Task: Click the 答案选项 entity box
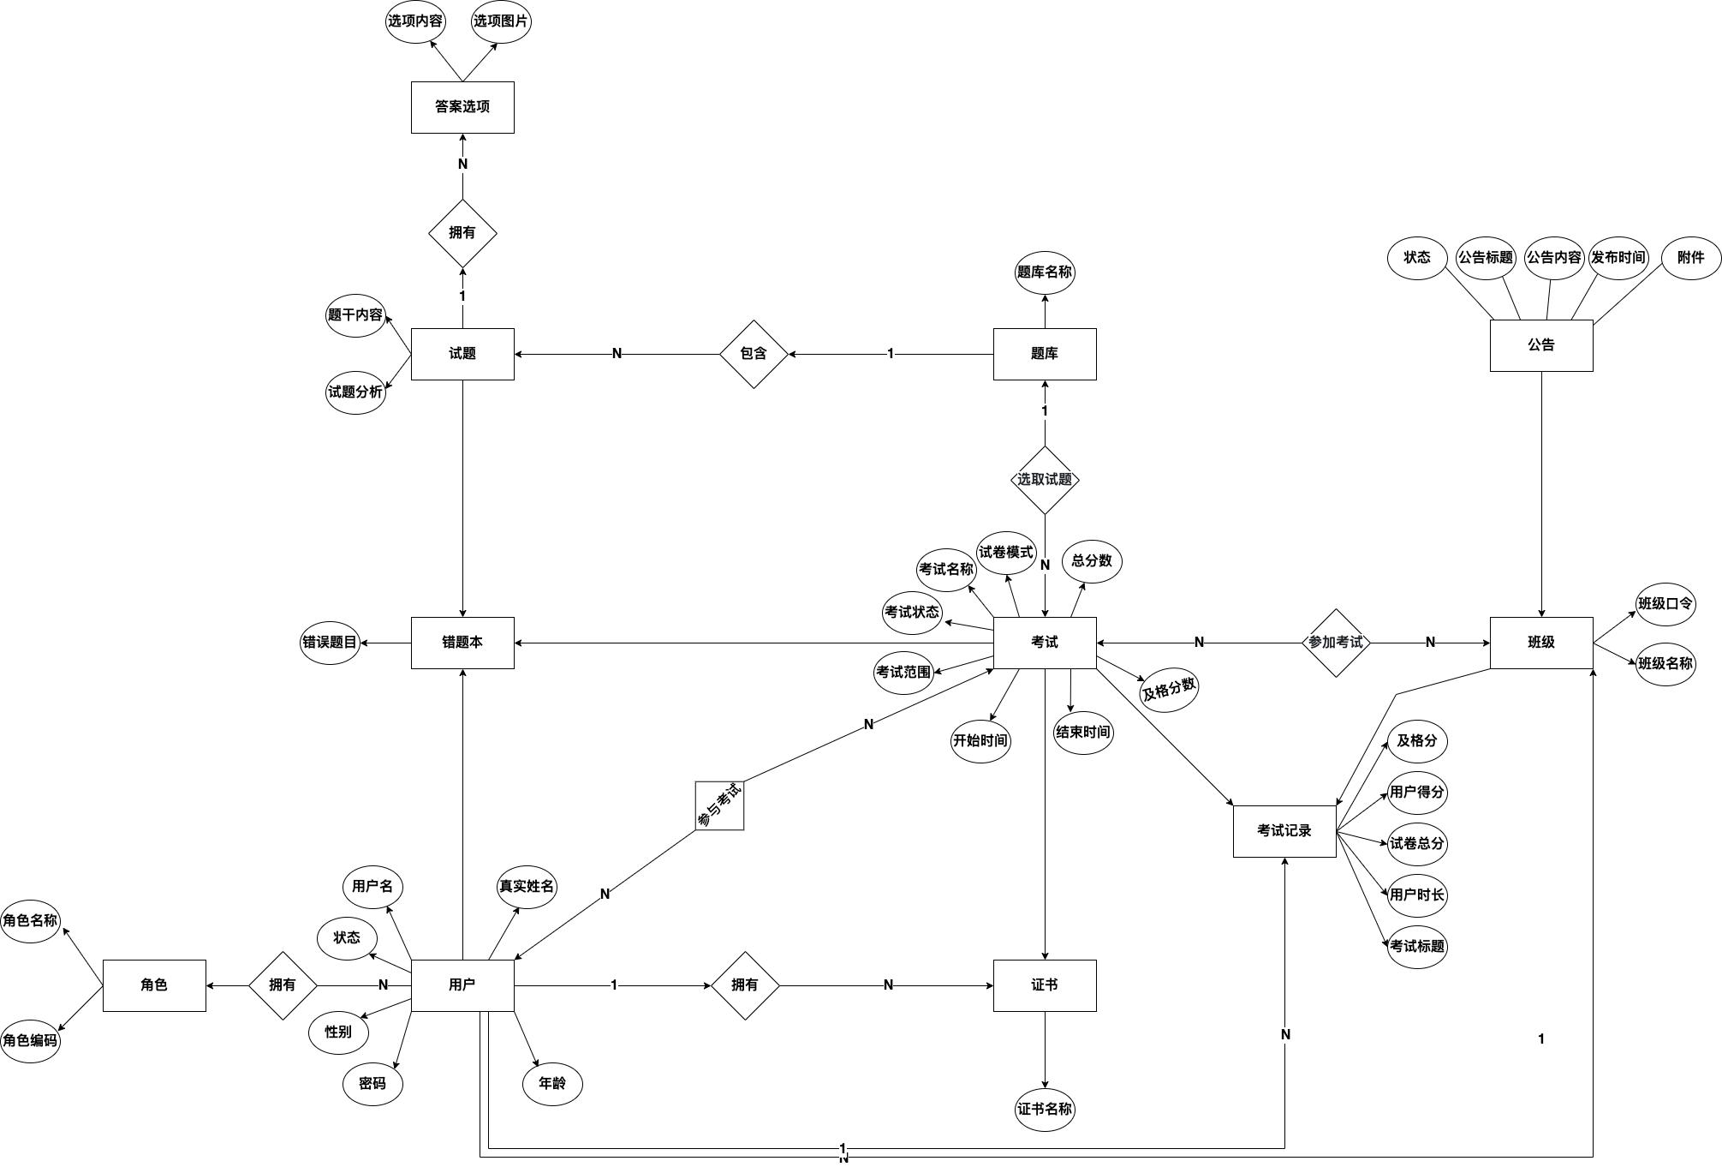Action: pos(462,107)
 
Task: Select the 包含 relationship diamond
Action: pos(753,354)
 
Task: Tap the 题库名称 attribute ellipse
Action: pos(1044,272)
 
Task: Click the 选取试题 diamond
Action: pos(1044,480)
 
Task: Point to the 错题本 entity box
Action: pos(462,643)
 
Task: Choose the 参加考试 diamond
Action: pos(1336,643)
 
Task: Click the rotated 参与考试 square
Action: pos(719,805)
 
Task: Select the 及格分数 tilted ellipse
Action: pos(1169,688)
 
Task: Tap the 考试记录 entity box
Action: pos(1284,831)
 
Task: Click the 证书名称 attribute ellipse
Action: pos(1044,1110)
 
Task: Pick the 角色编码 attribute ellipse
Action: pos(30,1041)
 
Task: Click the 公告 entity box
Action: pos(1540,345)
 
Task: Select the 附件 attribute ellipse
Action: pos(1690,258)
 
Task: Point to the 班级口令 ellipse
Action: pos(1665,604)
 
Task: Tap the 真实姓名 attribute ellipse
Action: pos(527,887)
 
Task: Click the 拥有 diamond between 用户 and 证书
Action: pos(745,985)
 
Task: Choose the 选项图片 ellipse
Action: pos(501,21)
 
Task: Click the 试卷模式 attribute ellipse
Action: pos(1006,553)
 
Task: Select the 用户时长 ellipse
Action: pos(1416,895)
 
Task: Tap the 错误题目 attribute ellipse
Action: pos(330,643)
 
